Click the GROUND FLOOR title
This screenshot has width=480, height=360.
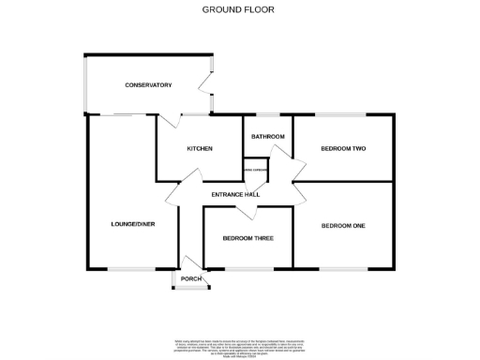239,9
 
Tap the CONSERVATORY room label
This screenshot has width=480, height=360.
148,85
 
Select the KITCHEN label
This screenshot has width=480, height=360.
200,149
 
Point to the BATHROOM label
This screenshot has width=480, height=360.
268,137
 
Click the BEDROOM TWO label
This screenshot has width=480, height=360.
343,149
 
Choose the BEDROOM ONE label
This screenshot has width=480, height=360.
343,226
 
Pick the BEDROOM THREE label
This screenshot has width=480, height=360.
248,238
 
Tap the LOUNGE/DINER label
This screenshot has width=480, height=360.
131,225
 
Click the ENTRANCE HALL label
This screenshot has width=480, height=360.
235,194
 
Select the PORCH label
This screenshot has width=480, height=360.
191,278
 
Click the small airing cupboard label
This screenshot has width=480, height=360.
256,170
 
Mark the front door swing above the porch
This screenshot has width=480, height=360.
190,262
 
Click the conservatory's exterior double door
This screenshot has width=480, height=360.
210,95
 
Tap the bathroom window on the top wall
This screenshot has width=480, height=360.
268,114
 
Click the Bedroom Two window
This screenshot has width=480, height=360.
343,114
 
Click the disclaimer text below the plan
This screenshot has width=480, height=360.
239,346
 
